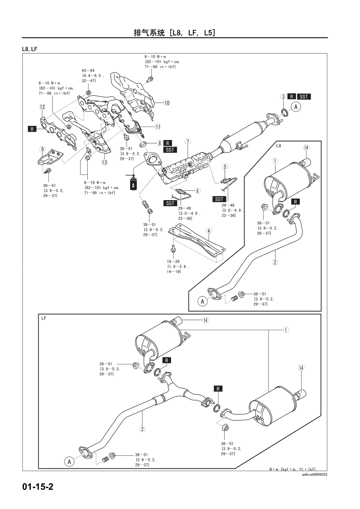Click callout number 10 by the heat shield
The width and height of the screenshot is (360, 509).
167,103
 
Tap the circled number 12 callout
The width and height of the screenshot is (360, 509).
42,107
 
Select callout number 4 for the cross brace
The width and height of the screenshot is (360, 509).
209,231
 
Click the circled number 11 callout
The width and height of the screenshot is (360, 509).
158,126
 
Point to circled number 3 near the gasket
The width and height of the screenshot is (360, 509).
283,97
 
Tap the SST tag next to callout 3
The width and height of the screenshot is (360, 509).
304,97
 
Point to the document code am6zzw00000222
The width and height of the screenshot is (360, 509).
314,475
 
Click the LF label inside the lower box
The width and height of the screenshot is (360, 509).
44,318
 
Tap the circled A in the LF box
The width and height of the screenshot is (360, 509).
70,462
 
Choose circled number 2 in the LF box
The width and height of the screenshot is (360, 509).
142,428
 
